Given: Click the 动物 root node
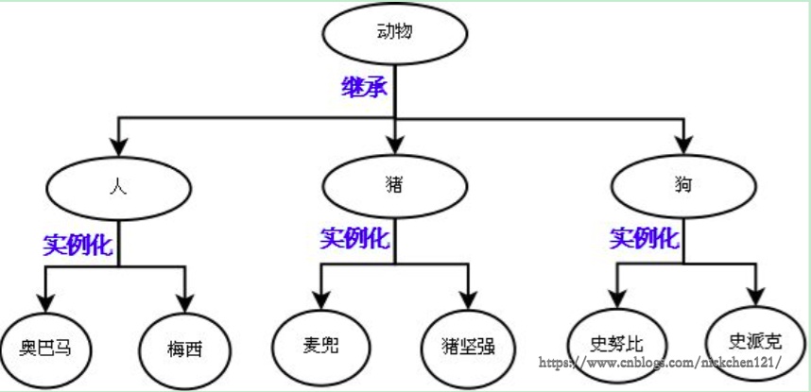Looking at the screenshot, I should [x=395, y=34].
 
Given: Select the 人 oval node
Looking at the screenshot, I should [x=118, y=186].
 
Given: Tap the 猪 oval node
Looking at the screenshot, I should [x=395, y=185].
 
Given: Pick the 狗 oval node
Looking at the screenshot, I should [x=683, y=185].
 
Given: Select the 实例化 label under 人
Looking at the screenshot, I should [x=78, y=246].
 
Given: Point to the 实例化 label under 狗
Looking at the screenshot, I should [x=645, y=238].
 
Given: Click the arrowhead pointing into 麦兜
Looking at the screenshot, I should [x=320, y=298].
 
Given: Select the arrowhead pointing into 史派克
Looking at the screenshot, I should [x=754, y=296].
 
